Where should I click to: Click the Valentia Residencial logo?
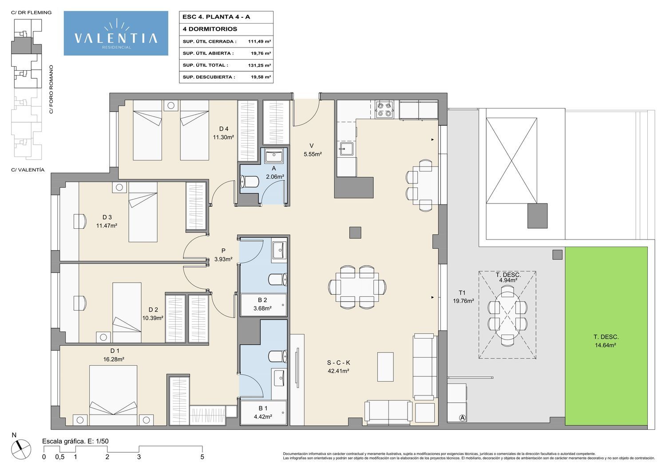coord(116,33)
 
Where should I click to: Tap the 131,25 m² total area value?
coord(259,65)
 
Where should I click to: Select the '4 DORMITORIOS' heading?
coord(210,29)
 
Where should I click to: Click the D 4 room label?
coord(224,129)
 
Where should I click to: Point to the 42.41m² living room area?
coord(338,371)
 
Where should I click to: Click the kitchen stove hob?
coord(384,109)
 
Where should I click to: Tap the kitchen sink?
coord(346,148)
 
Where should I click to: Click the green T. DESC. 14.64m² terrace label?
coord(606,341)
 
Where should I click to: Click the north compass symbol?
coord(21,449)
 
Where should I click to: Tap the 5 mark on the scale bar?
coord(202,457)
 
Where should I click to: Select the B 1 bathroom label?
coord(262,408)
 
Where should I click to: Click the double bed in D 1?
coord(113,395)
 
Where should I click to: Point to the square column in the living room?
coord(355,232)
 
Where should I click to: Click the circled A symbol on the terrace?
coord(462,418)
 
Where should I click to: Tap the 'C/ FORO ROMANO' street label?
coord(51,89)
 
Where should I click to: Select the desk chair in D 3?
coord(80,221)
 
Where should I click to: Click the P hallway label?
coord(223,251)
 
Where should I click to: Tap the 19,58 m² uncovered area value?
coord(261,77)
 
